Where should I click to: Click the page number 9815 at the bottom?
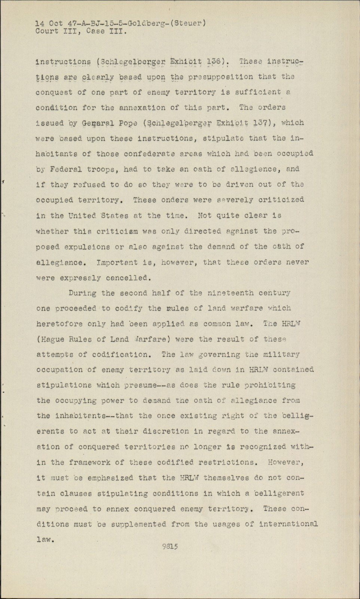click(170, 546)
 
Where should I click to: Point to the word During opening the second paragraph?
click(82, 293)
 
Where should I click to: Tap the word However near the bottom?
click(286, 462)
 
